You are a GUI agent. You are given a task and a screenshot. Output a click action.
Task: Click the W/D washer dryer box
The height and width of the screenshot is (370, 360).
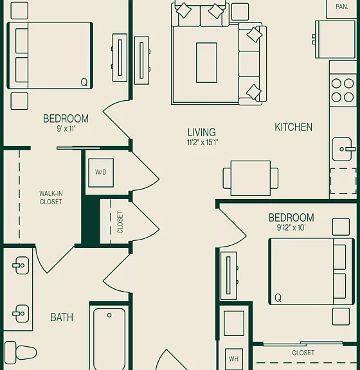point(101,173)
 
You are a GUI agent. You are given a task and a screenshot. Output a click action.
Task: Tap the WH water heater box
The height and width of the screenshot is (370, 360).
point(234,359)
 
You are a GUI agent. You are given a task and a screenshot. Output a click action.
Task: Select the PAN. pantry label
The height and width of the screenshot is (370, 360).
point(342,7)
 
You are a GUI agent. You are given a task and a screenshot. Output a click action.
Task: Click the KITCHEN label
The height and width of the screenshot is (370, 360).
point(293,127)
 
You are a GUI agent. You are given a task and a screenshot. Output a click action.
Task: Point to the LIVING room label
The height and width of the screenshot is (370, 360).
point(201,132)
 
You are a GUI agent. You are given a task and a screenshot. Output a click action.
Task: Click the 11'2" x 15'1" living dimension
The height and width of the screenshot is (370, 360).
point(203,143)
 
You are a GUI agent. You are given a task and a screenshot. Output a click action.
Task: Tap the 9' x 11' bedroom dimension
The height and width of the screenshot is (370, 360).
point(66,129)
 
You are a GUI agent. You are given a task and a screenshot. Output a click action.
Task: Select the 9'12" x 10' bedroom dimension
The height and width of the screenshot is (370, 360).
point(291,227)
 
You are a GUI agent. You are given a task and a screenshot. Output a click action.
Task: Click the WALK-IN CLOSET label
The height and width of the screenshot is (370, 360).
point(51,198)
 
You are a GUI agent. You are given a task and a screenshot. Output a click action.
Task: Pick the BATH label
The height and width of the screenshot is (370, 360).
point(62,317)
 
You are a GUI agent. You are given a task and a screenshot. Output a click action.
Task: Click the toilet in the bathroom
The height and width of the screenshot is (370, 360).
point(21,353)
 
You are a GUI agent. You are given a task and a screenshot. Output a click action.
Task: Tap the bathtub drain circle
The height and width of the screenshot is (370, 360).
point(109,315)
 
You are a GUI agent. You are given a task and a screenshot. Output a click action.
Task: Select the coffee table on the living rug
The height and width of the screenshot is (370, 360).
point(206,63)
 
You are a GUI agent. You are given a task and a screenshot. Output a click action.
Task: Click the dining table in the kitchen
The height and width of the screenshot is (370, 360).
point(251,178)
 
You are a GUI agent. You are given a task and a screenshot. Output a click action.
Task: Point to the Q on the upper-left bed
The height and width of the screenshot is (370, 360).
point(84,82)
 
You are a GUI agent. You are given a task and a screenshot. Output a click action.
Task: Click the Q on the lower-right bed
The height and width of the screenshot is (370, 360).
point(278,298)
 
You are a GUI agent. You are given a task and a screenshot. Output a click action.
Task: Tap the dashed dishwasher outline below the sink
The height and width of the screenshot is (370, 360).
point(343,181)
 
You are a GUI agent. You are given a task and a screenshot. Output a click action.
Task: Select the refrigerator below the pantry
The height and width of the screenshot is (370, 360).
point(335,39)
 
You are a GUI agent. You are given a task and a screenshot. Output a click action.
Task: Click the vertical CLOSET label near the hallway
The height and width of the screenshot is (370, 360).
point(120,222)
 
